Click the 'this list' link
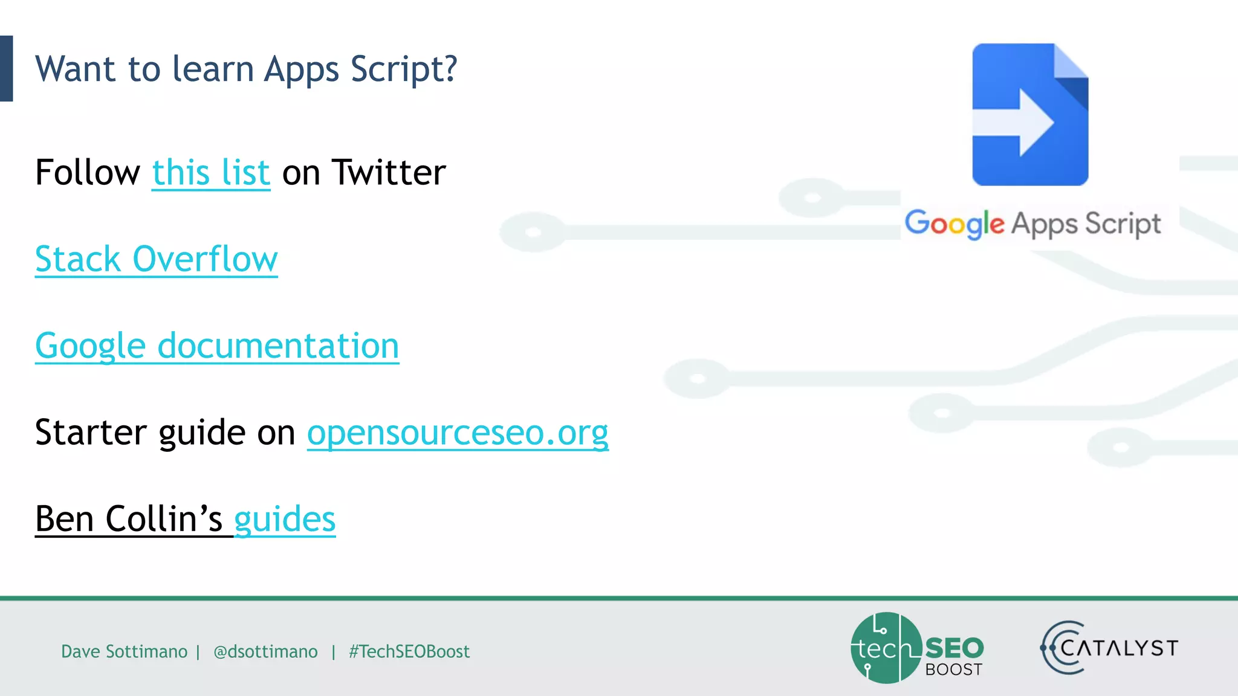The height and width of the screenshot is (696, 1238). pos(210,173)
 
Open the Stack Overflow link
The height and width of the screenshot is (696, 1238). pos(156,260)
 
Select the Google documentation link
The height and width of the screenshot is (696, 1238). pos(217,346)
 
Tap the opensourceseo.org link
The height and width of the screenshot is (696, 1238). pos(458,433)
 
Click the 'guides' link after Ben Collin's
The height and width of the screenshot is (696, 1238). pos(285,520)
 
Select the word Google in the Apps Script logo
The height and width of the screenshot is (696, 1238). pos(954,224)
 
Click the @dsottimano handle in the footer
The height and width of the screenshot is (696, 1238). pos(265,651)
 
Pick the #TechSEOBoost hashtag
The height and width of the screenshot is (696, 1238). pos(409,651)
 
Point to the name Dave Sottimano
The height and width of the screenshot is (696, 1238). pos(124,651)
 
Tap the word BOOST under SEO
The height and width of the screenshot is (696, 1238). pos(953,669)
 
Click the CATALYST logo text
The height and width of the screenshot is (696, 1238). pos(1118,648)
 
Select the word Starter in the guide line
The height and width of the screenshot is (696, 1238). pos(91,433)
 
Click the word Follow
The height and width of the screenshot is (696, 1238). pos(88,173)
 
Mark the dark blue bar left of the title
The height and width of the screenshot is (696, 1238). pos(6,68)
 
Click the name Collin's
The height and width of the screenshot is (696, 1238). pos(164,520)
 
